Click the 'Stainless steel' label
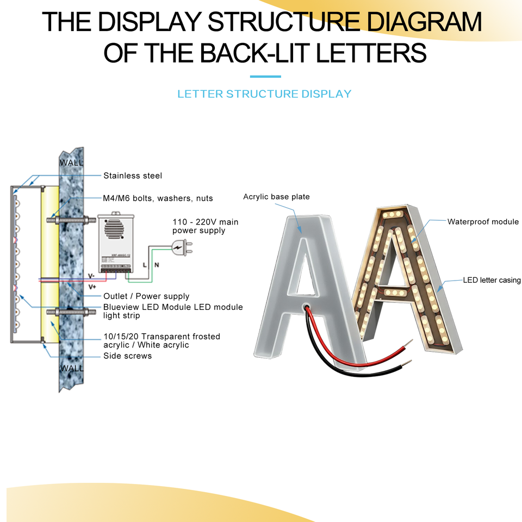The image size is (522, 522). pyautogui.click(x=133, y=176)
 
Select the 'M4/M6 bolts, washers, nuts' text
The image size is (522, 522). pyautogui.click(x=158, y=198)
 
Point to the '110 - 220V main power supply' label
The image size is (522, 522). pyautogui.click(x=205, y=226)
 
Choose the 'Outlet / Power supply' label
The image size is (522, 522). pyautogui.click(x=146, y=296)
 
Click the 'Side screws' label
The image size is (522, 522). pyautogui.click(x=127, y=356)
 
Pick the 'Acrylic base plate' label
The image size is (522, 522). pyautogui.click(x=276, y=196)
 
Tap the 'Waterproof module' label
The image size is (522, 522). pyautogui.click(x=483, y=222)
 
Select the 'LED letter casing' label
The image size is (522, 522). pyautogui.click(x=492, y=280)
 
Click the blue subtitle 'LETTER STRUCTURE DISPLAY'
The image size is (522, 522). pyautogui.click(x=264, y=94)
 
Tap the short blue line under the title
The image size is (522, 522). pyautogui.click(x=265, y=77)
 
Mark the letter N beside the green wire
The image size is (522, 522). pyautogui.click(x=157, y=265)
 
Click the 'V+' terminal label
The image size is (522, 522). pyautogui.click(x=92, y=286)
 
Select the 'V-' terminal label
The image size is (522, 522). pyautogui.click(x=91, y=276)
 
